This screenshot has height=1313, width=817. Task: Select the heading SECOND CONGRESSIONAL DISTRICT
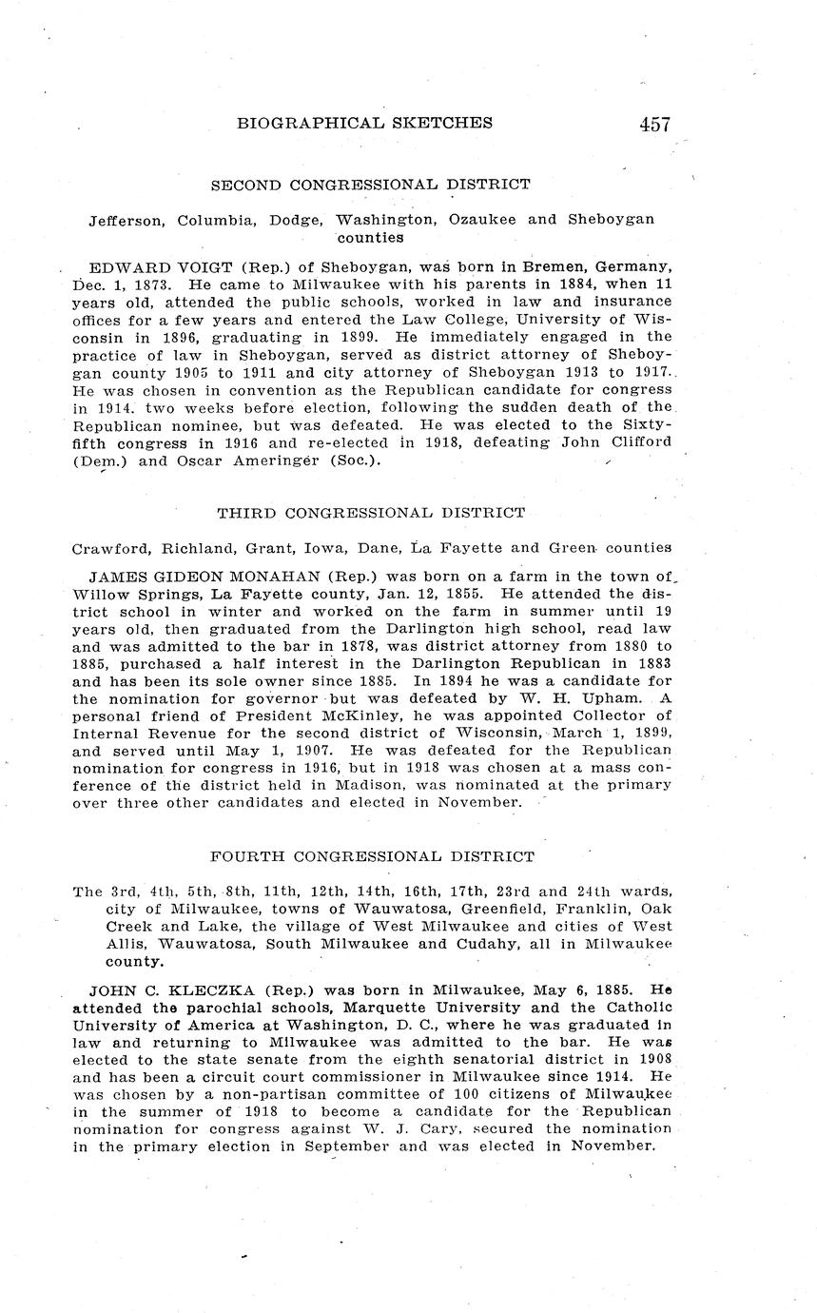(371, 184)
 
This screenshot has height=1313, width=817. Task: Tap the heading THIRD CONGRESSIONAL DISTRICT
(371, 513)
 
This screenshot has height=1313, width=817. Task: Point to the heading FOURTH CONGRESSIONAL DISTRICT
(372, 856)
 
